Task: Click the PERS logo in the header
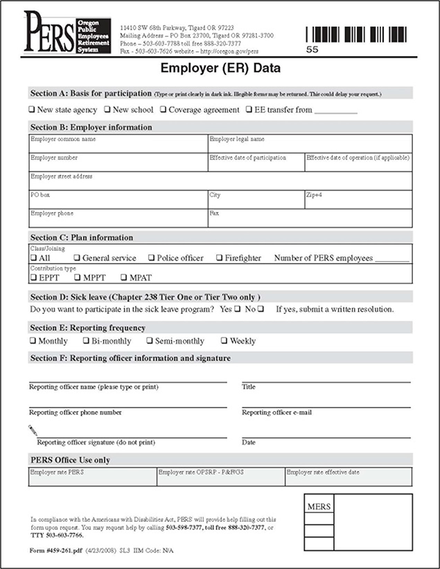(x=62, y=32)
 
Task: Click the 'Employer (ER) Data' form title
(x=220, y=69)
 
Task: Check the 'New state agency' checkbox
(x=31, y=110)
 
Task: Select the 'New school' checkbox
(x=107, y=110)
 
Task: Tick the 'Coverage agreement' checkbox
(x=163, y=110)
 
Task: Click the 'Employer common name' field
(x=118, y=143)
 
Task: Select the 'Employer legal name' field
(x=310, y=143)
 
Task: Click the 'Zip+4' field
(x=358, y=200)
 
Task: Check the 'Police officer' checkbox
(x=152, y=259)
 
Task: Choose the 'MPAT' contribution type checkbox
(x=124, y=278)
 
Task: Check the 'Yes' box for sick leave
(x=237, y=308)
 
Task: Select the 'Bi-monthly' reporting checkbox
(x=86, y=341)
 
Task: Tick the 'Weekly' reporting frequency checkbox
(x=224, y=341)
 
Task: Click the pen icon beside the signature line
(x=33, y=430)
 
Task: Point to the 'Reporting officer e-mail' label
(x=276, y=412)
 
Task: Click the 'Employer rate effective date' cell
(x=349, y=476)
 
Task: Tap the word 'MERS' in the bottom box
(x=318, y=507)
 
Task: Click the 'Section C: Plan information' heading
(x=82, y=238)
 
